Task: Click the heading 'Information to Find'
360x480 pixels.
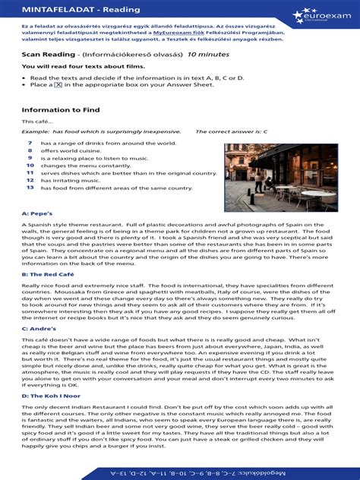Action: [57, 109]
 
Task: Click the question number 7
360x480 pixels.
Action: [29, 143]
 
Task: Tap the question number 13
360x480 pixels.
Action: [29, 187]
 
